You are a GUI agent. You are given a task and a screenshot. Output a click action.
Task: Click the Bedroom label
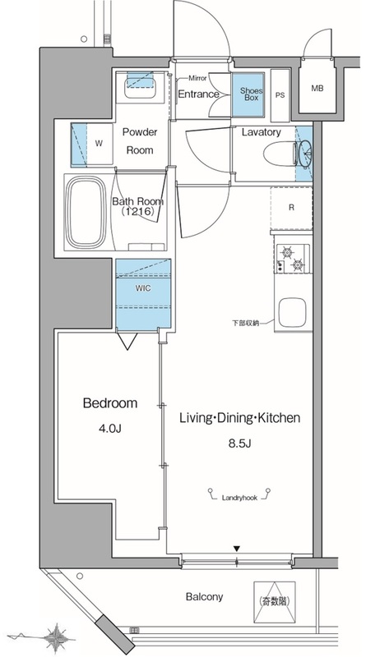[x=110, y=403]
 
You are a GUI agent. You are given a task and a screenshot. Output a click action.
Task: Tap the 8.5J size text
[x=239, y=443]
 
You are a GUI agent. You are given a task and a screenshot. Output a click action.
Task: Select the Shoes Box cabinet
[x=248, y=94]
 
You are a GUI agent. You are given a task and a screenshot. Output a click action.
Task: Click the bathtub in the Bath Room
[x=86, y=212]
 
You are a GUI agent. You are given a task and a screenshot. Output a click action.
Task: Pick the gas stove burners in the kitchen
[x=293, y=259]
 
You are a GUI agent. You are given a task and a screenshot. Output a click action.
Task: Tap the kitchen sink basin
[x=293, y=311]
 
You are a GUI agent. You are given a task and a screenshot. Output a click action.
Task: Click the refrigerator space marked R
[x=292, y=208]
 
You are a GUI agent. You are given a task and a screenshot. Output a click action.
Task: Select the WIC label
[x=143, y=288]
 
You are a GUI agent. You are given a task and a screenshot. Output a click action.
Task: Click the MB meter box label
[x=317, y=89]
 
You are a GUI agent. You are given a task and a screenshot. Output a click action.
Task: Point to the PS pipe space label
[x=280, y=95]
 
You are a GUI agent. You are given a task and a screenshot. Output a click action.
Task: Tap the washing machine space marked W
[x=99, y=143]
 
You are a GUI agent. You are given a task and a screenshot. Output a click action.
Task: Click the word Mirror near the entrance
[x=197, y=78]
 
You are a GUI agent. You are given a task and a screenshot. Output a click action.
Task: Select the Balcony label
[x=205, y=597]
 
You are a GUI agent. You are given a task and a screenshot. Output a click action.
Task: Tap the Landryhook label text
[x=239, y=498]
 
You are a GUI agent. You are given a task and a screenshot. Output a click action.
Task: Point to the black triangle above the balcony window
[x=237, y=549]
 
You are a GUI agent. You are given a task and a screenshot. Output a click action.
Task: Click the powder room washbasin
[x=141, y=85]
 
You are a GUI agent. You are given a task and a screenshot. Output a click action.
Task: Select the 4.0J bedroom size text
[x=110, y=429]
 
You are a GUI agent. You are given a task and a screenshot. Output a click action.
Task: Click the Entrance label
[x=198, y=94]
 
